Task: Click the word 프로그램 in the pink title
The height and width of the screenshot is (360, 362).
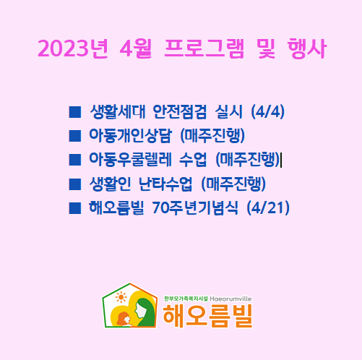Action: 204,48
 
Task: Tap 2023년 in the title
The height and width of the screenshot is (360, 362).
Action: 73,48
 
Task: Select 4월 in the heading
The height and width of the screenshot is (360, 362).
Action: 136,48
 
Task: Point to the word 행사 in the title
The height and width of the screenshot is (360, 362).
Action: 306,48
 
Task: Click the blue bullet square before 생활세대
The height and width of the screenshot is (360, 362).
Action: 75,112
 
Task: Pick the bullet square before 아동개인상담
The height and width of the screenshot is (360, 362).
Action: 75,136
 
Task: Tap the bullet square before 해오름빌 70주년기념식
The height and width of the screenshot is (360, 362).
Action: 75,208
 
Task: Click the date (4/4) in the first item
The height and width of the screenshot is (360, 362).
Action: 267,112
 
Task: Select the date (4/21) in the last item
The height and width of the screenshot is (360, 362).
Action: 268,208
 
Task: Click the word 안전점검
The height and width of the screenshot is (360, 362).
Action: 180,112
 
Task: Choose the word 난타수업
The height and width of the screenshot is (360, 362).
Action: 165,184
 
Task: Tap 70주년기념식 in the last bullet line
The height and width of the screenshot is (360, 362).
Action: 195,208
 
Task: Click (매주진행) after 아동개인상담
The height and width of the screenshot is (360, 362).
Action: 212,136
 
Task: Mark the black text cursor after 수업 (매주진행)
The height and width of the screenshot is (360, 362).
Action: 281,160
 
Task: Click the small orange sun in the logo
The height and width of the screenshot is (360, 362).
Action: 121,297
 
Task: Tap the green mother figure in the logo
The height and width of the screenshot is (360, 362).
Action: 144,312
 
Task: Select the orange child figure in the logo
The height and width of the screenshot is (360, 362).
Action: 124,319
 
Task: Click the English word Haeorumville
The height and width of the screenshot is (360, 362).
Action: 230,299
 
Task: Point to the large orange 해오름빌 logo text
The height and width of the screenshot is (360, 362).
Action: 207,316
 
